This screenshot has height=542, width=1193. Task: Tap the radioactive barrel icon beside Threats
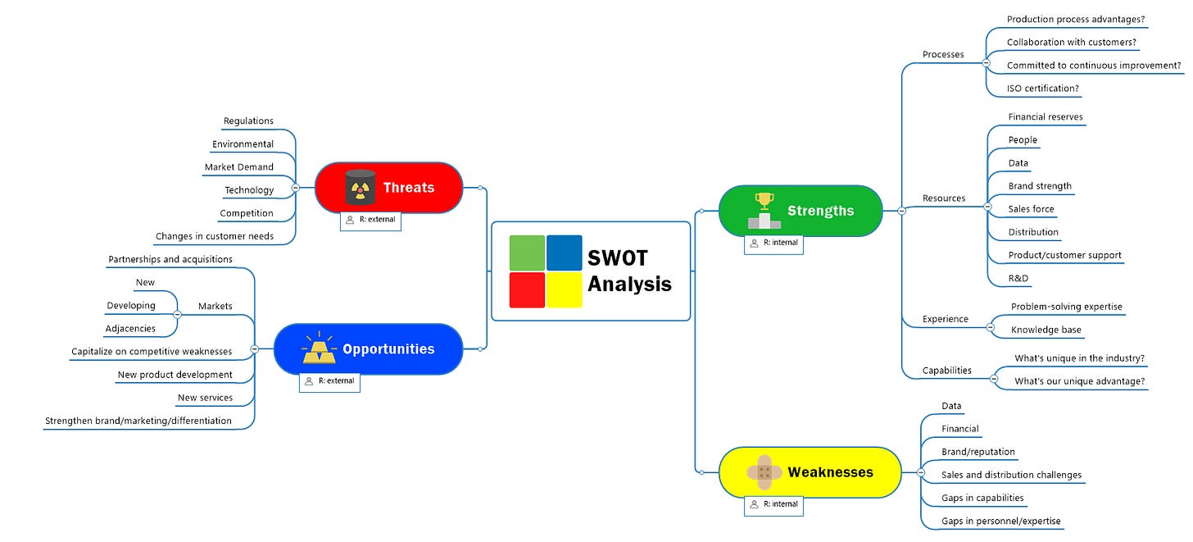click(359, 187)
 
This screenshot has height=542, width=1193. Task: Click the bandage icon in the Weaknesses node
click(764, 471)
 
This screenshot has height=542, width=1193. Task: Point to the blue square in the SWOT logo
click(564, 253)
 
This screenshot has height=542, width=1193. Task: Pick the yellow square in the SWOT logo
click(564, 289)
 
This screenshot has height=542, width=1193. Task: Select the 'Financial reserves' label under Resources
click(1046, 117)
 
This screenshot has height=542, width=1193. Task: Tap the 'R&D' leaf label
click(1018, 279)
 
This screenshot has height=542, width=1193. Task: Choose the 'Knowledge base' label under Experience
click(1046, 330)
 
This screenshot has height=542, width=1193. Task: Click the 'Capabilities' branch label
click(946, 371)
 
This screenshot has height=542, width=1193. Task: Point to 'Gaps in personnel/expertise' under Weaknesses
click(1000, 522)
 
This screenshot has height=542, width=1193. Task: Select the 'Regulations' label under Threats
click(248, 121)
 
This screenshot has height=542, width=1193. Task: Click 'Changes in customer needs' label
click(215, 237)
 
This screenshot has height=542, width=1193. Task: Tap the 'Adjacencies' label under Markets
click(130, 329)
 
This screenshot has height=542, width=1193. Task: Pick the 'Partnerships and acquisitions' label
click(170, 259)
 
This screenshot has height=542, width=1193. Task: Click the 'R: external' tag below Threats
click(370, 220)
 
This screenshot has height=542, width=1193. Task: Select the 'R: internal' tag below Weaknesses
click(773, 504)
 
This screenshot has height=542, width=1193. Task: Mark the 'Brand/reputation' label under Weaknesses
click(978, 452)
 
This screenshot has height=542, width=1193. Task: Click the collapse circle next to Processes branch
click(986, 62)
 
